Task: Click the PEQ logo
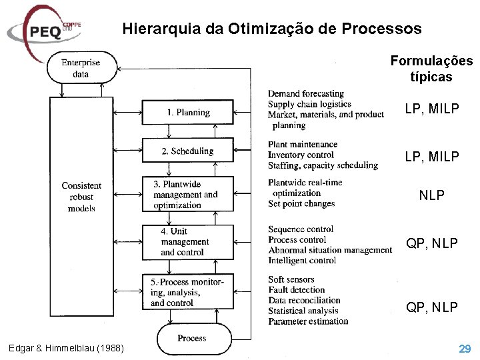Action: [43, 30]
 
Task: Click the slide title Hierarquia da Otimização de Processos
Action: [272, 29]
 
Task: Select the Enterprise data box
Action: [81, 68]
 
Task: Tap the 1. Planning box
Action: [188, 113]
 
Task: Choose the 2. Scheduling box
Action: [188, 151]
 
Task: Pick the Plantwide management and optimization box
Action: [188, 195]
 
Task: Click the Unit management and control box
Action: [188, 242]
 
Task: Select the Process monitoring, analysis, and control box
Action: [188, 292]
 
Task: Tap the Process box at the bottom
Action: [191, 338]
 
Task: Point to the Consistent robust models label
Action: [81, 197]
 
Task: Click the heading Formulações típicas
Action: [431, 69]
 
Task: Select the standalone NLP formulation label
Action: [431, 196]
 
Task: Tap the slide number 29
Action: [464, 348]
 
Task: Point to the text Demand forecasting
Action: [306, 94]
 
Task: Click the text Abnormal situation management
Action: [330, 250]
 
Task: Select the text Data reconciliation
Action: [304, 300]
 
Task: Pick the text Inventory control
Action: [301, 155]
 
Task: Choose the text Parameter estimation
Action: [308, 321]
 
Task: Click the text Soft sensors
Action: [291, 279]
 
